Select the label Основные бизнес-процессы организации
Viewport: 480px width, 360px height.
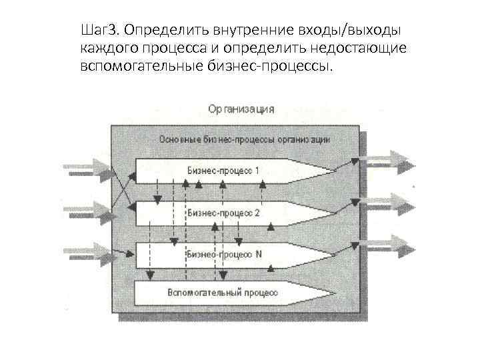click(245, 140)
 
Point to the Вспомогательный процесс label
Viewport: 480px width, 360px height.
click(222, 292)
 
